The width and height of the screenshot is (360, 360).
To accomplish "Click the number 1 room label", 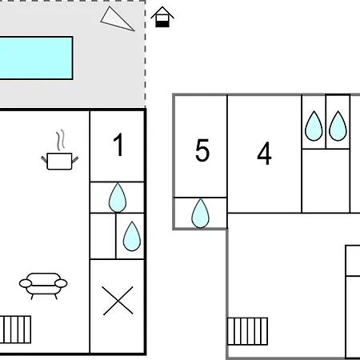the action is coord(118,145).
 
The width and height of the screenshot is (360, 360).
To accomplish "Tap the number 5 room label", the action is coord(202,150).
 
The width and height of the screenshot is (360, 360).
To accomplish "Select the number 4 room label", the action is coord(264,153).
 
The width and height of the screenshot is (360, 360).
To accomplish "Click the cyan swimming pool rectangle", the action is coord(36,58).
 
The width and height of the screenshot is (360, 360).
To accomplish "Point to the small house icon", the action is coord(162,17).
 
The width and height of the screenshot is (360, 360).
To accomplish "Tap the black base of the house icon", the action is coord(162,24).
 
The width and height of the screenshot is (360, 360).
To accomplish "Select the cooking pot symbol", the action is coord(59,161).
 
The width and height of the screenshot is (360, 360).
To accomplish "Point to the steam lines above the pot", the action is coord(61,139).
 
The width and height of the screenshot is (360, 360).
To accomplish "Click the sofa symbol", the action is coord(43,286).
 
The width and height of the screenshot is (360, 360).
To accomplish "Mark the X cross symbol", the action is coord(118,301).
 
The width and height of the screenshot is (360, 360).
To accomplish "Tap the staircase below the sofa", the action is coord(15,330).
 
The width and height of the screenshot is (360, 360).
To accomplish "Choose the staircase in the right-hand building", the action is coord(247,331).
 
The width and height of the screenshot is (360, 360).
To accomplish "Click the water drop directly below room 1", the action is coord(118,198).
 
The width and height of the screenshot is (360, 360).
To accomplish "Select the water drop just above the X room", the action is coord(132,236).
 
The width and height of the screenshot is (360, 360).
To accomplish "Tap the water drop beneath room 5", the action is coord(200,214).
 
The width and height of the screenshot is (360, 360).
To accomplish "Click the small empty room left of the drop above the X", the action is coord(103,236).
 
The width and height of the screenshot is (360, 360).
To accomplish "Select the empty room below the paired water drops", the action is coord(326,181).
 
